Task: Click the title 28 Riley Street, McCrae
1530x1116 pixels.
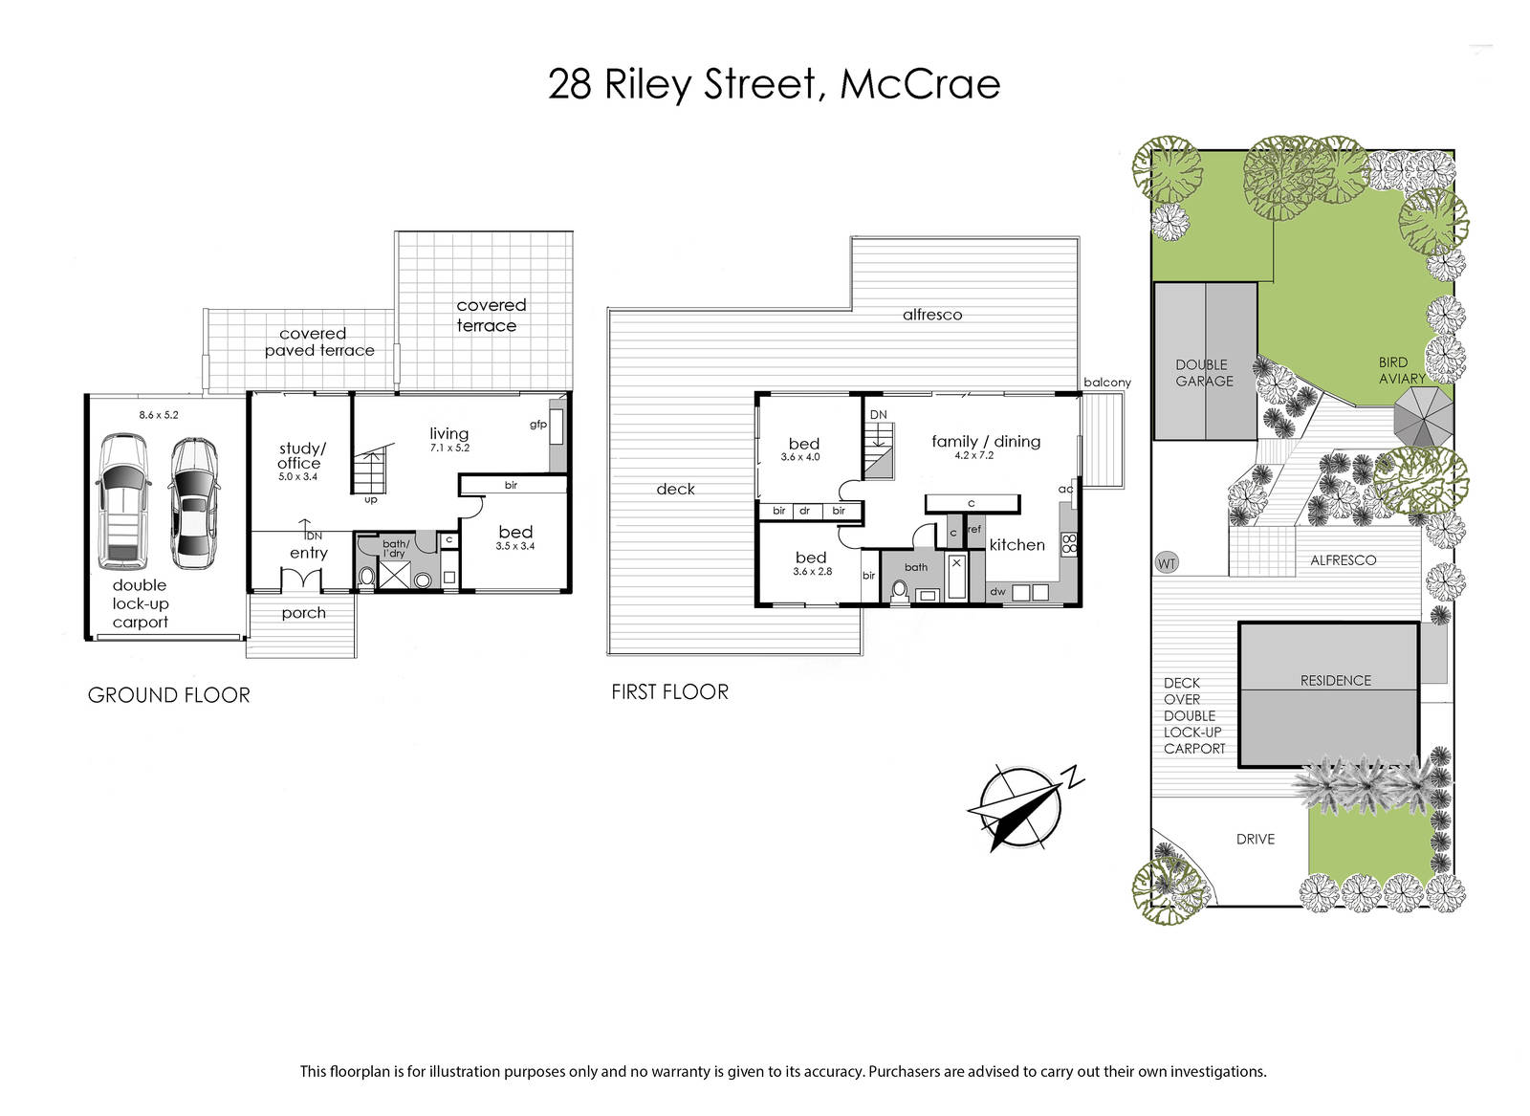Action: tap(774, 85)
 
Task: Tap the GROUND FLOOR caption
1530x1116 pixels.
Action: tap(168, 695)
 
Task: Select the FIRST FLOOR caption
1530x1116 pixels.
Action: tap(669, 691)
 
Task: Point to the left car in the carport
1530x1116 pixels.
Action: tap(123, 501)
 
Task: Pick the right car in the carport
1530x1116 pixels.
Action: tap(193, 503)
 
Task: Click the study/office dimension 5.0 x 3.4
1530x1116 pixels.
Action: tap(297, 477)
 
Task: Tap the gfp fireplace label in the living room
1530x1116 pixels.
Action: tap(538, 425)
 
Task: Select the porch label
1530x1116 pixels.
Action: tap(304, 613)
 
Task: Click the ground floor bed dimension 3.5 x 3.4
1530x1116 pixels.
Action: tap(515, 546)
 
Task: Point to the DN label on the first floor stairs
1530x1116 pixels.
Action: tap(879, 415)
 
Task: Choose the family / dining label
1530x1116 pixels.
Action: tap(986, 442)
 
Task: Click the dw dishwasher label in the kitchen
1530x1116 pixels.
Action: tap(998, 591)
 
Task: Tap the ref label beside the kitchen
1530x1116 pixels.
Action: tap(974, 530)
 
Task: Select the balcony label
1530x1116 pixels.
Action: tap(1107, 383)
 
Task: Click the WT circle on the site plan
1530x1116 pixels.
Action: tap(1167, 563)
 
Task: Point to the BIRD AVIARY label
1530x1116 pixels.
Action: tap(1402, 370)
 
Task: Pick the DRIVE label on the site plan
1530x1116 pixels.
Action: tap(1256, 840)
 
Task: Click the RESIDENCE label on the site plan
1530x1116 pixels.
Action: tap(1335, 681)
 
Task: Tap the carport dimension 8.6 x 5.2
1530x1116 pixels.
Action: tap(159, 415)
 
